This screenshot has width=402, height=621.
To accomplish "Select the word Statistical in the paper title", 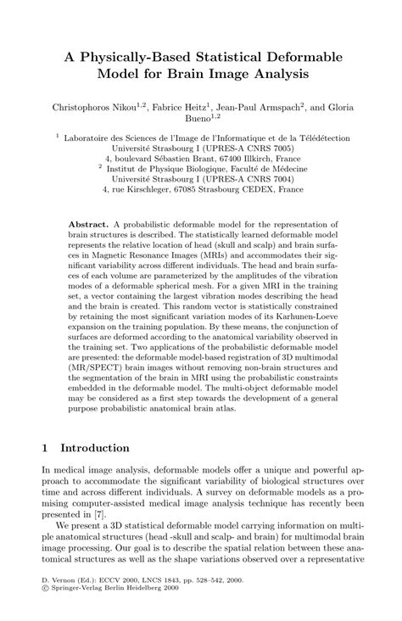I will (243, 57).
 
